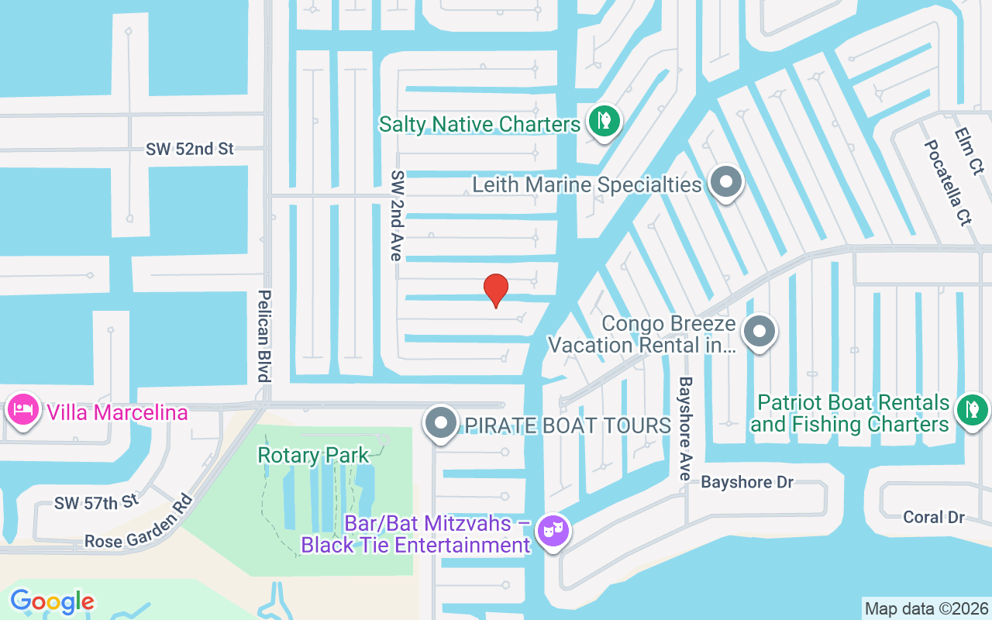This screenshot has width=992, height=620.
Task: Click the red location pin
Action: [x=496, y=290]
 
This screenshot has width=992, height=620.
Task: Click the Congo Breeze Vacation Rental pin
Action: [x=759, y=332]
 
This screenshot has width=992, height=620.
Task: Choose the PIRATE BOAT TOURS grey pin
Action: [x=442, y=424]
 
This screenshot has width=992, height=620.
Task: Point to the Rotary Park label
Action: [x=314, y=455]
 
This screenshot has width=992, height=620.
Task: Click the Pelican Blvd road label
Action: [x=264, y=336]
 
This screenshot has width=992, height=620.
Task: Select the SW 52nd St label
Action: [x=189, y=149]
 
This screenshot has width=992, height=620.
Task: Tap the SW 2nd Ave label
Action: [x=397, y=215]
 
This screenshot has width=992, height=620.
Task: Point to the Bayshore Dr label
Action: [x=747, y=482]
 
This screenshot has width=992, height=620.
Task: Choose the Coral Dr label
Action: [x=933, y=517]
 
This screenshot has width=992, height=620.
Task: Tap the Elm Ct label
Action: [x=969, y=151]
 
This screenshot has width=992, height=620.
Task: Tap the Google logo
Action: [x=52, y=601]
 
